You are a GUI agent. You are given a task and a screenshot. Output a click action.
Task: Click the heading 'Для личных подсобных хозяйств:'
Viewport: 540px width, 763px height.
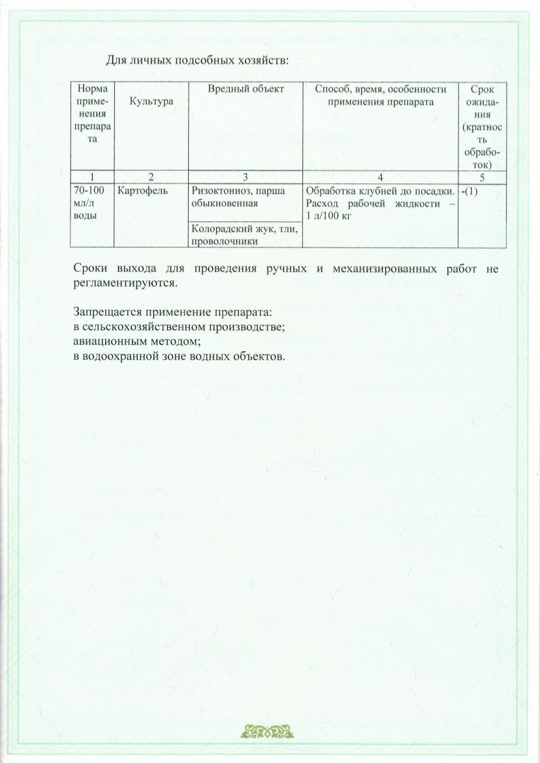coord(197,61)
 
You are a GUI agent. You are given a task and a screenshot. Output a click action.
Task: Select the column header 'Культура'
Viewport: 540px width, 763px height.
coord(151,102)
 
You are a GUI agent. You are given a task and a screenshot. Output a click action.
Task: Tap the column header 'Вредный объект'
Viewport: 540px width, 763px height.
coord(246,88)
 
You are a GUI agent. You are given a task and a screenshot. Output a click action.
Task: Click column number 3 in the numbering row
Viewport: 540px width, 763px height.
coord(246,176)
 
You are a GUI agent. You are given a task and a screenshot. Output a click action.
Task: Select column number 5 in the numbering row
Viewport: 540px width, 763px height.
coord(483,176)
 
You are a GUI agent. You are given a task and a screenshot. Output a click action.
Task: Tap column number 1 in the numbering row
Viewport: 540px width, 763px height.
coord(92,176)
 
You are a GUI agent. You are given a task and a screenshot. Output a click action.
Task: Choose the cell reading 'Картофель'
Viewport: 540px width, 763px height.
coord(143,191)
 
